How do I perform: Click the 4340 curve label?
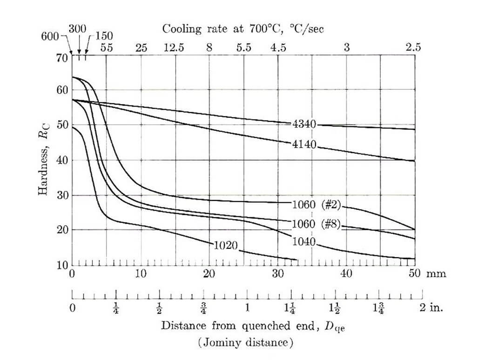(x=304, y=124)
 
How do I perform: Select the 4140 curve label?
(x=304, y=144)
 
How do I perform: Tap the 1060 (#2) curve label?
(x=317, y=204)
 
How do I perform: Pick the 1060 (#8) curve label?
(x=316, y=224)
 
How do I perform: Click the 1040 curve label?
(x=304, y=242)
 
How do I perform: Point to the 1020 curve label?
(x=226, y=245)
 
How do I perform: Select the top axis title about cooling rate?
(x=242, y=29)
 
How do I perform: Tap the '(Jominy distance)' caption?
(x=245, y=343)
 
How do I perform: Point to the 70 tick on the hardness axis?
(x=62, y=58)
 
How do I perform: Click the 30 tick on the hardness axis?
(x=62, y=195)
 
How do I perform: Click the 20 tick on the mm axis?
(x=209, y=273)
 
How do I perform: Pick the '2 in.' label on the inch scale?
(x=431, y=308)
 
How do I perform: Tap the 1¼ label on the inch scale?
(x=292, y=308)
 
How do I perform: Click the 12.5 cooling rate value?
(x=174, y=47)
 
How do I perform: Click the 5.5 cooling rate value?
(x=243, y=47)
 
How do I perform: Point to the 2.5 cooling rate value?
(x=413, y=47)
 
